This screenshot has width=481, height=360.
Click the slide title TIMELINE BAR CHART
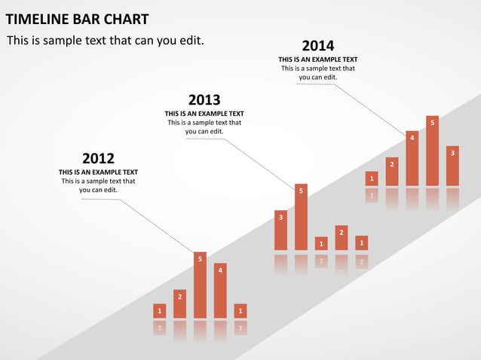coord(77,19)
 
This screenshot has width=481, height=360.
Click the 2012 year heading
coord(98,158)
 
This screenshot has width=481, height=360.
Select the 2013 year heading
coord(204,99)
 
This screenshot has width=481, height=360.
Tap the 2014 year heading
coord(317,46)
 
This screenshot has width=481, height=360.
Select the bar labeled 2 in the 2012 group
coord(179,304)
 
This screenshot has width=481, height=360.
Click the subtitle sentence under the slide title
coord(105,40)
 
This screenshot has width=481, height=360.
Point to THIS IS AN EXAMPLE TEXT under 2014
coord(317,59)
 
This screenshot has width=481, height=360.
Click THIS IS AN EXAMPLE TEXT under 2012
coord(98,172)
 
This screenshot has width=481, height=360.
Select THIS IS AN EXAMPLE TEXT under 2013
coord(204,114)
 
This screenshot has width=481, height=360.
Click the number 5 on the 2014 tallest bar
coord(432,122)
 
